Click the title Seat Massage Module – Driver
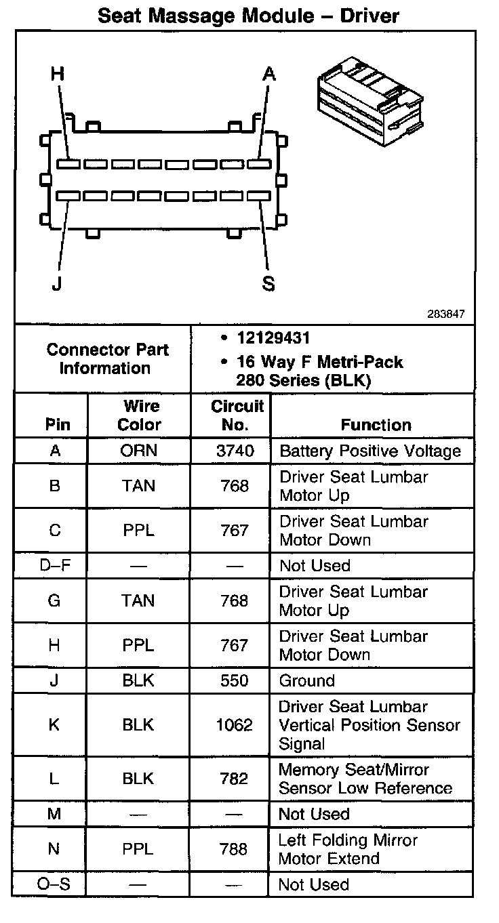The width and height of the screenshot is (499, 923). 248,16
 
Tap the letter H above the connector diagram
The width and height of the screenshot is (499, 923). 58,74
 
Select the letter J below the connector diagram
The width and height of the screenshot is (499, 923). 56,283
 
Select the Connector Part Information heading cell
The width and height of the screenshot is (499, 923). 107,359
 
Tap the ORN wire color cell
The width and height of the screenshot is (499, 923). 139,451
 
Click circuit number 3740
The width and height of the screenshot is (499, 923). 235,451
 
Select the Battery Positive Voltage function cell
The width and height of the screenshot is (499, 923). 370,451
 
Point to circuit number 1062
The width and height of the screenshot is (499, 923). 235,725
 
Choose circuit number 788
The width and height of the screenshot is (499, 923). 234,849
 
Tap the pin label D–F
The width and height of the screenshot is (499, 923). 55,566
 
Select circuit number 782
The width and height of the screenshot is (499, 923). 234,779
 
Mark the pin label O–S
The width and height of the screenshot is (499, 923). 55,884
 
